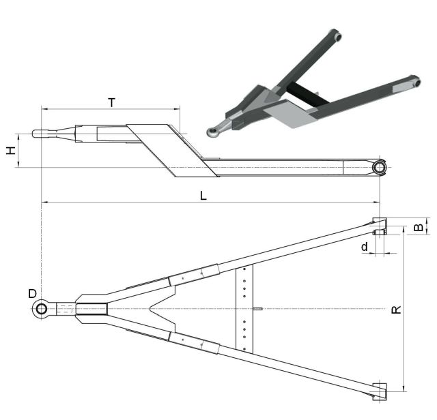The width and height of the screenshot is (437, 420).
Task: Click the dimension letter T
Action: point(112,102)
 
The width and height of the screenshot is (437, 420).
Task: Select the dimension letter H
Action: point(11,151)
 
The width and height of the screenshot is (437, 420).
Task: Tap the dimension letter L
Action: point(203,196)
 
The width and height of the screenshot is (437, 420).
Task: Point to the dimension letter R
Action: point(396,310)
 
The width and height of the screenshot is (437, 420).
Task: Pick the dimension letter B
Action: point(419,228)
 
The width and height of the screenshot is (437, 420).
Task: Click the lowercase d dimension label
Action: point(365,247)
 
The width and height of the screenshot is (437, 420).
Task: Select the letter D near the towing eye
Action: point(32,294)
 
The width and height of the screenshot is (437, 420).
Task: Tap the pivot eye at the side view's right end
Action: point(379,168)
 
